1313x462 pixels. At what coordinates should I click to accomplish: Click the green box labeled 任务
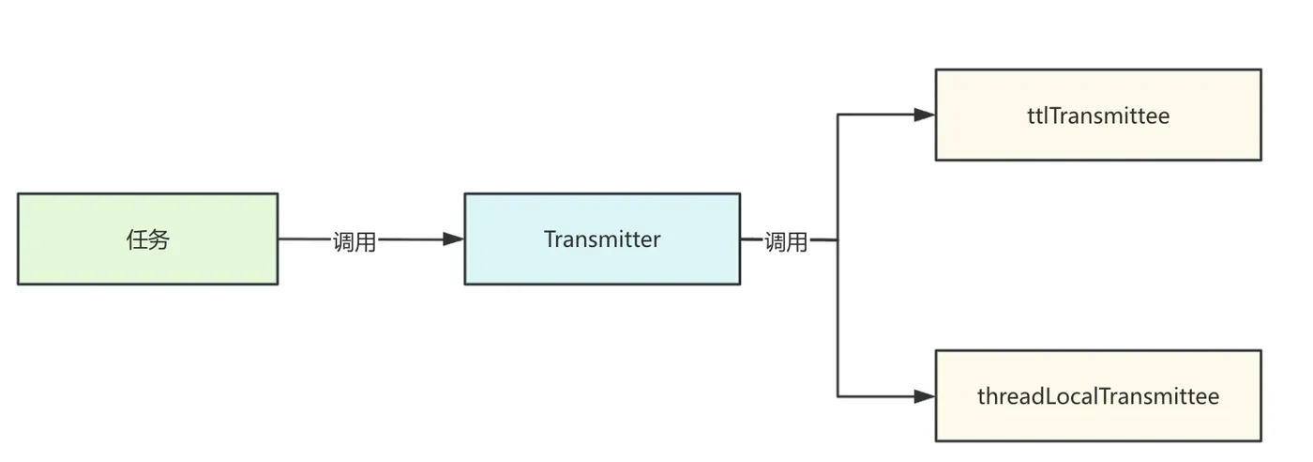tap(147, 239)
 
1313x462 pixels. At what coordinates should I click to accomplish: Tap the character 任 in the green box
tap(137, 239)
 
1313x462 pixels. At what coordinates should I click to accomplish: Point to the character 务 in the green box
tap(158, 239)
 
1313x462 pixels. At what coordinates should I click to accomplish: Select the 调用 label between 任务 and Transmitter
tap(355, 241)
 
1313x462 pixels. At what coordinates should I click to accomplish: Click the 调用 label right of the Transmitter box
tap(786, 241)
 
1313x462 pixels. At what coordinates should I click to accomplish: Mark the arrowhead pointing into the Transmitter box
tap(454, 239)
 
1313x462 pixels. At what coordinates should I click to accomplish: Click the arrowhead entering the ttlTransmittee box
tap(925, 115)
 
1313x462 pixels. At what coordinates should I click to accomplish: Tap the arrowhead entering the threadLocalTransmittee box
tap(925, 396)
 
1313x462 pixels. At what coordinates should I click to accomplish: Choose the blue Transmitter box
tap(602, 239)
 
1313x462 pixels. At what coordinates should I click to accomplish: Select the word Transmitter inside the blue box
tap(602, 239)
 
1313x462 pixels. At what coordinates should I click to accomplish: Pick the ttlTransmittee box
tap(1098, 115)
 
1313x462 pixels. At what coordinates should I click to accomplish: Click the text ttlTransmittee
tap(1098, 115)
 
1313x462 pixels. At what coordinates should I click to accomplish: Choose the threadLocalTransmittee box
tap(1098, 396)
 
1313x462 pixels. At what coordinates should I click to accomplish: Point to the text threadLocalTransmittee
tap(1098, 396)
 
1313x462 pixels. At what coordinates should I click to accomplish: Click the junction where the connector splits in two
tap(838, 239)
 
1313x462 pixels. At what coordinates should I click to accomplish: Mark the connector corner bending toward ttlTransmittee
tap(838, 115)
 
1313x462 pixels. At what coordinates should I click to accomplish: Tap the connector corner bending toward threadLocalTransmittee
tap(838, 396)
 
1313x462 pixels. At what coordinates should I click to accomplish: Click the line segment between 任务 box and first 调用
tap(305, 239)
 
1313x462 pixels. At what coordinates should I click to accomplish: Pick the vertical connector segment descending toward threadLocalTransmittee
tap(838, 319)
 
